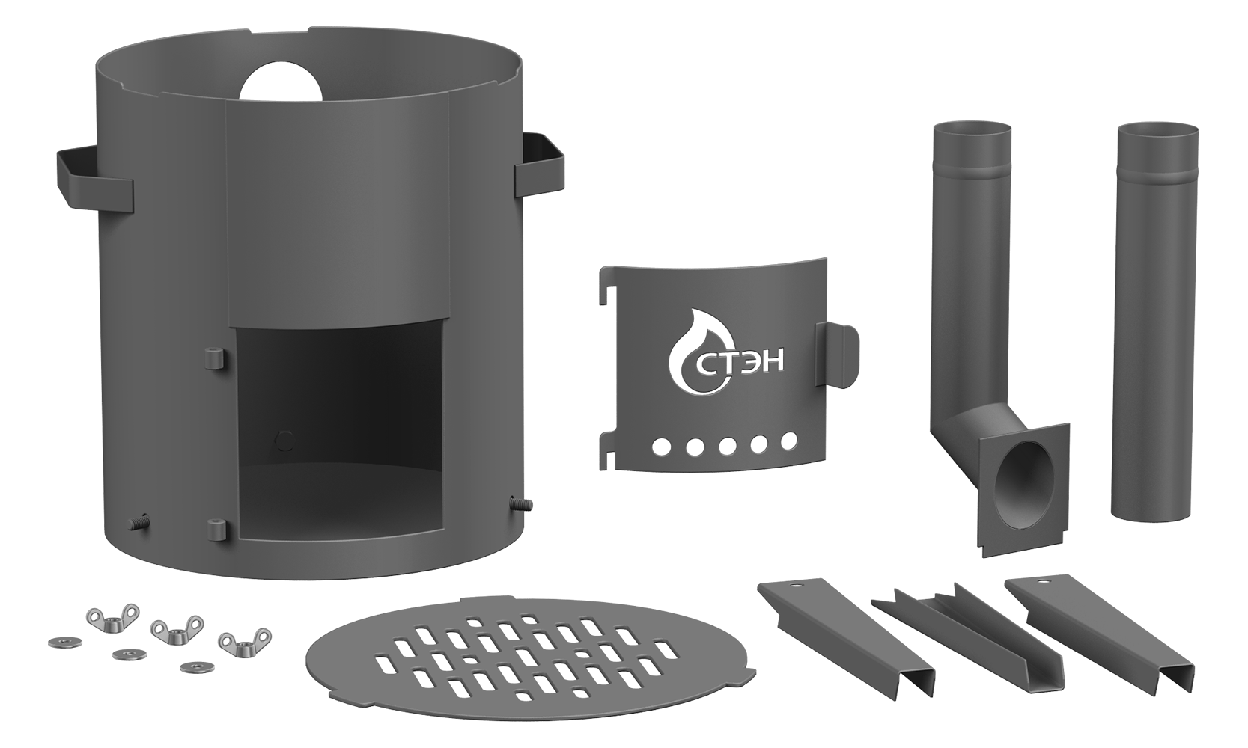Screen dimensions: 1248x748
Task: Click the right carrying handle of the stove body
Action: (539, 167)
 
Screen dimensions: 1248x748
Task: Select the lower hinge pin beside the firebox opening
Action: (215, 530)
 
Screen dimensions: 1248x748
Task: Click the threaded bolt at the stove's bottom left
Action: (139, 521)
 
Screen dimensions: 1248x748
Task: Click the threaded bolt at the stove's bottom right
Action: (520, 503)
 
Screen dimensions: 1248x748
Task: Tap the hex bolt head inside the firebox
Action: (285, 440)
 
